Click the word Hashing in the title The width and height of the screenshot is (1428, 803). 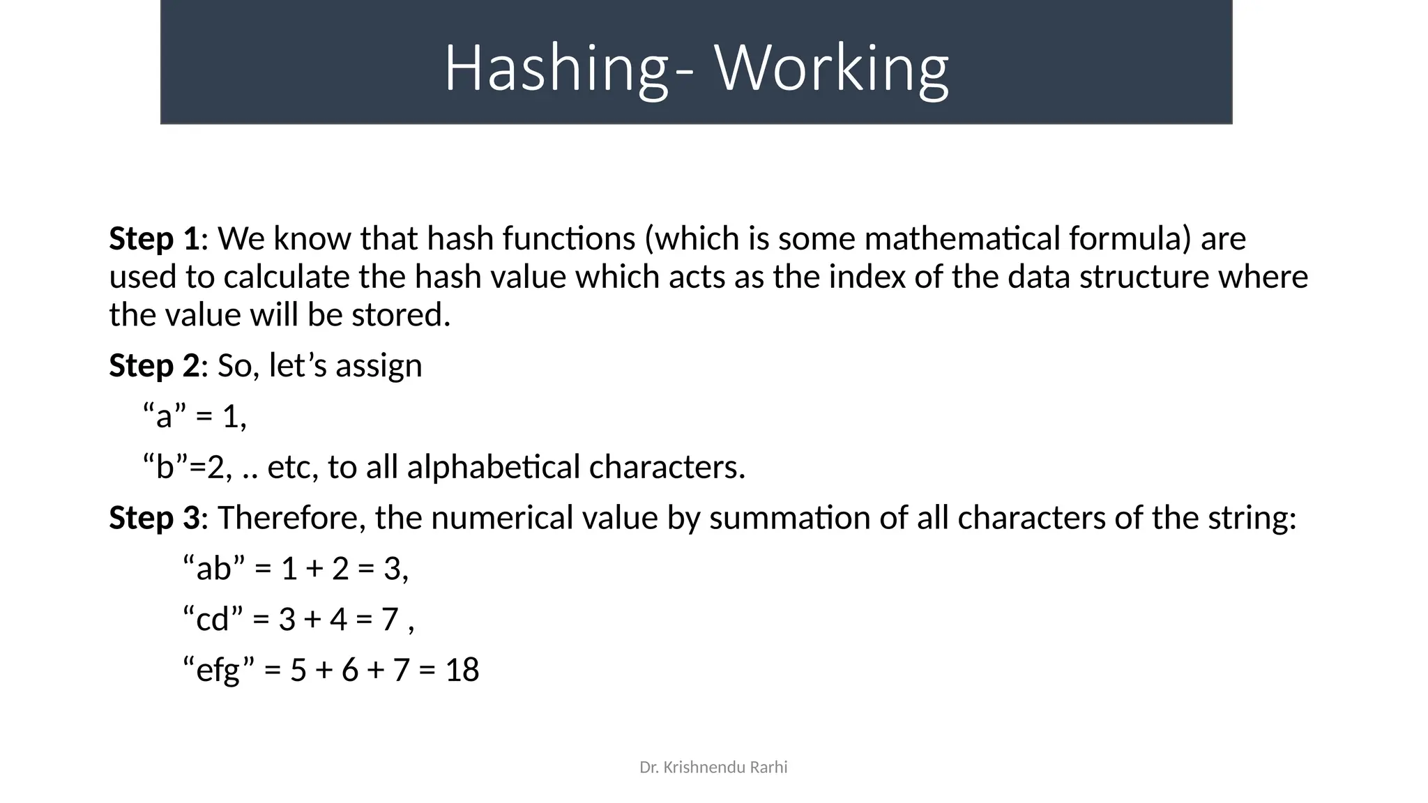pos(554,68)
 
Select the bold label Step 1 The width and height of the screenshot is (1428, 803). pos(154,239)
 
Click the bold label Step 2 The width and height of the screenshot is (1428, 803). pos(154,366)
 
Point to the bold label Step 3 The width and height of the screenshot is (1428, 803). pos(154,518)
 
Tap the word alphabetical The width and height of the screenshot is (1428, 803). pos(493,467)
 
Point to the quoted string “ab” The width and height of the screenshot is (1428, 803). pos(213,569)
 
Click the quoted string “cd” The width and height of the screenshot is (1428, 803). pos(213,619)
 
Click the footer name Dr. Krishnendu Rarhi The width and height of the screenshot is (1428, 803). pos(713,767)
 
